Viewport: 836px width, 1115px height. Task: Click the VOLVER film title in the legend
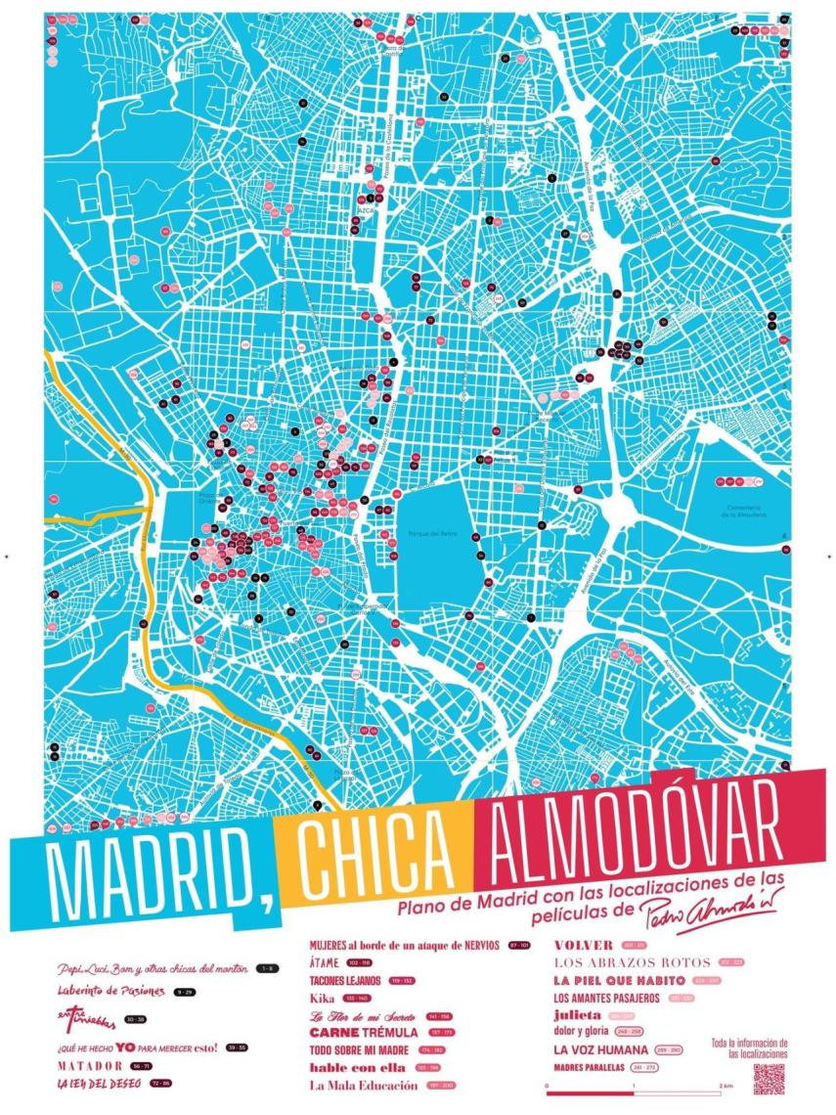point(583,946)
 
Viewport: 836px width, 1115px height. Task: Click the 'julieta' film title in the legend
point(576,1014)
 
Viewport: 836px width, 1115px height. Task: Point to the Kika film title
point(322,998)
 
